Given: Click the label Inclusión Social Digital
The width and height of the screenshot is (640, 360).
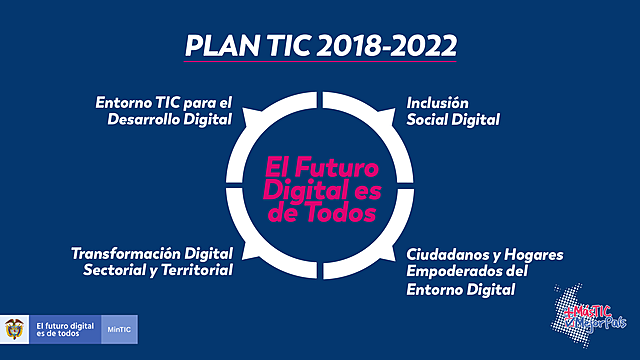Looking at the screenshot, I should [453, 111].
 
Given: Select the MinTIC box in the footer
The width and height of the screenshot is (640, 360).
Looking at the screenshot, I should [118, 329].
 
